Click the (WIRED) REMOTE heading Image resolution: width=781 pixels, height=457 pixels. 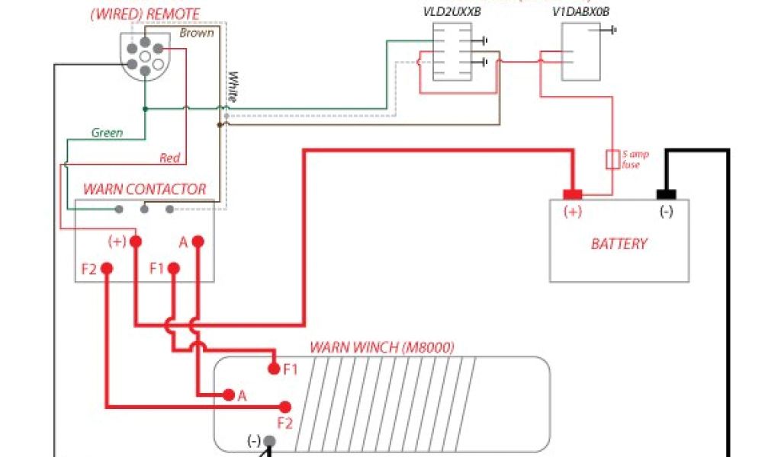point(145,14)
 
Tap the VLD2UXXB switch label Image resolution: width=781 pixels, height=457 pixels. point(452,13)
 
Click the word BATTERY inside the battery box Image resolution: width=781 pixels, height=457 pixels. point(619,244)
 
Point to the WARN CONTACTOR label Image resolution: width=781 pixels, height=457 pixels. point(144,189)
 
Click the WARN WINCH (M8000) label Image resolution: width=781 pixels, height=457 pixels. point(381,348)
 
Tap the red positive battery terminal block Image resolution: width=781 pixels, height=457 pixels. point(573,194)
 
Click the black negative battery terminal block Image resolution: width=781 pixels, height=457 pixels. point(667,194)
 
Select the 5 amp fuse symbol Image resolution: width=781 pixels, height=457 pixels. point(612,159)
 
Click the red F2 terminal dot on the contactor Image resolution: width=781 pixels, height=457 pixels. point(107,269)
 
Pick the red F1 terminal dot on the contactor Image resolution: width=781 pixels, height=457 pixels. point(174,269)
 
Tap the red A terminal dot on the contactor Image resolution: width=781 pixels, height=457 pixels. point(198,241)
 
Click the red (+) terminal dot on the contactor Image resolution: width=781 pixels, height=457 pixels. point(136,241)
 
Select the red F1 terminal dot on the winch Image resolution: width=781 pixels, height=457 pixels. point(274,369)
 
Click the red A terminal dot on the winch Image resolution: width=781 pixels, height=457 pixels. point(227,395)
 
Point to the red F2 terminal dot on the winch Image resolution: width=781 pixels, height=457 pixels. point(285,406)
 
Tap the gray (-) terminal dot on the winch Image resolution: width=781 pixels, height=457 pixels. point(269,440)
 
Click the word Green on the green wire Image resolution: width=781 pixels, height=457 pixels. point(107,133)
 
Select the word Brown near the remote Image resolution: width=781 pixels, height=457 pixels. point(196,34)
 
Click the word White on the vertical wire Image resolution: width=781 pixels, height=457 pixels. point(233,88)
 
